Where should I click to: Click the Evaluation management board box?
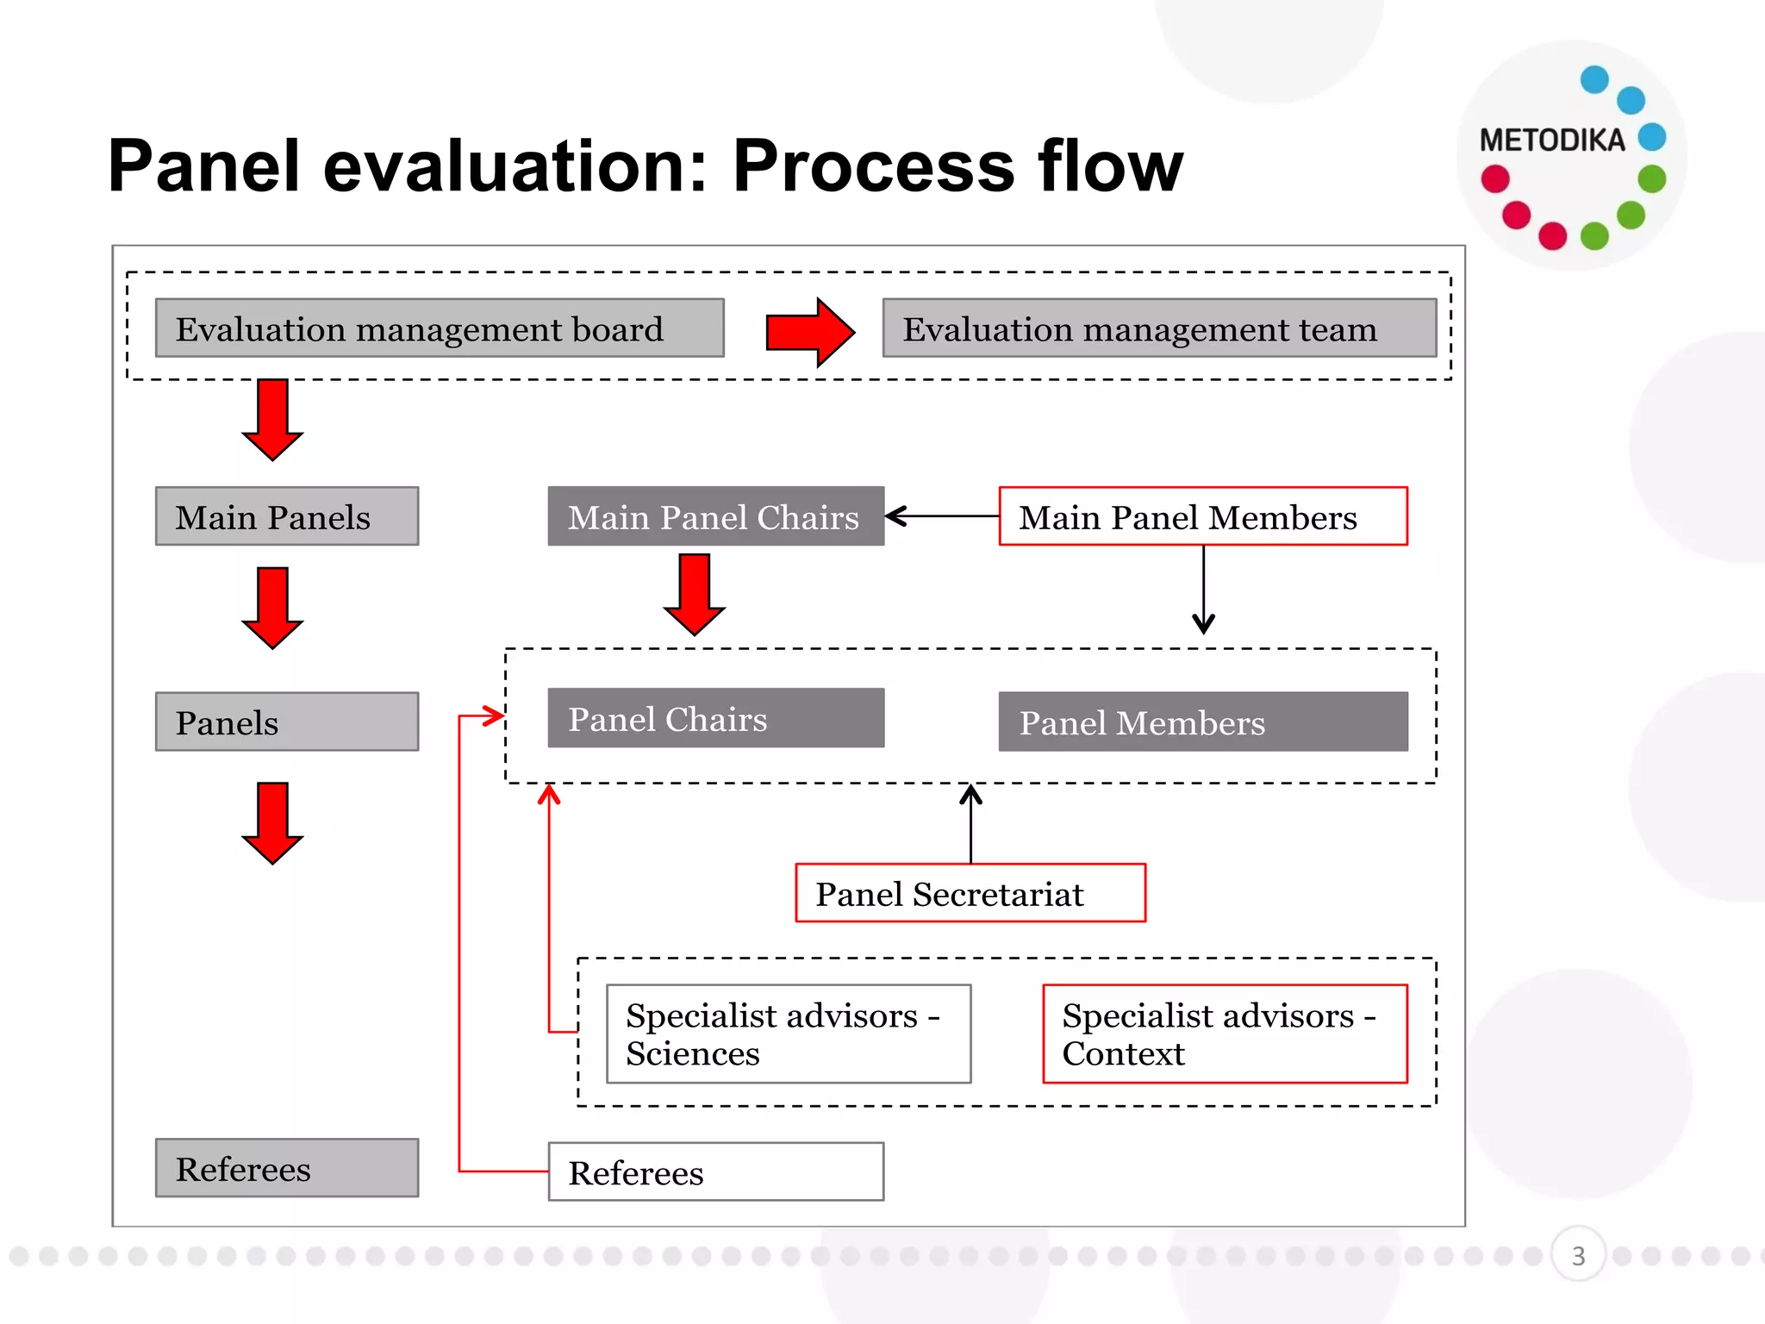click(440, 328)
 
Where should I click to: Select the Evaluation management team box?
click(1159, 328)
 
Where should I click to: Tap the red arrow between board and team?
click(809, 332)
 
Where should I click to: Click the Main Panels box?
click(287, 516)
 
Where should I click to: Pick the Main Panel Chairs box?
click(715, 516)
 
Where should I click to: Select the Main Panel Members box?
click(1203, 516)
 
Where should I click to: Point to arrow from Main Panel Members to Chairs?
click(941, 516)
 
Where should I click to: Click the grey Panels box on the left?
click(287, 721)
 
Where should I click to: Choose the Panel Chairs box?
click(715, 718)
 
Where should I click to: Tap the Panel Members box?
click(1203, 721)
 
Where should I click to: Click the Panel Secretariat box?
click(970, 893)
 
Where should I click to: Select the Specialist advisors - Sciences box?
click(789, 1034)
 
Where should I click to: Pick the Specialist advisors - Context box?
click(1225, 1034)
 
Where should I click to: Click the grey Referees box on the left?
click(287, 1168)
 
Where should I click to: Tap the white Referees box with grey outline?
click(715, 1171)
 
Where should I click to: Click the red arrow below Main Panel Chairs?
click(695, 595)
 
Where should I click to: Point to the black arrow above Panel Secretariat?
click(970, 823)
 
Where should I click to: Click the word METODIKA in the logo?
click(1551, 141)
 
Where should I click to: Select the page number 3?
click(1578, 1255)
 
